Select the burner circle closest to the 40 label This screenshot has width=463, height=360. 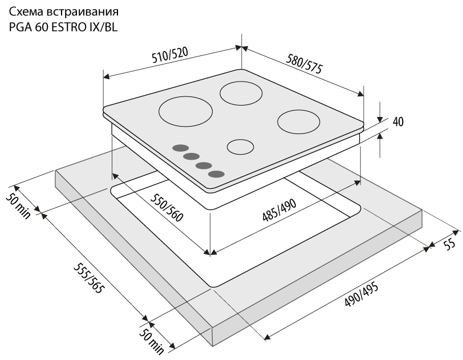click(x=299, y=121)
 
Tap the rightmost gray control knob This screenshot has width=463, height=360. click(x=216, y=174)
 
